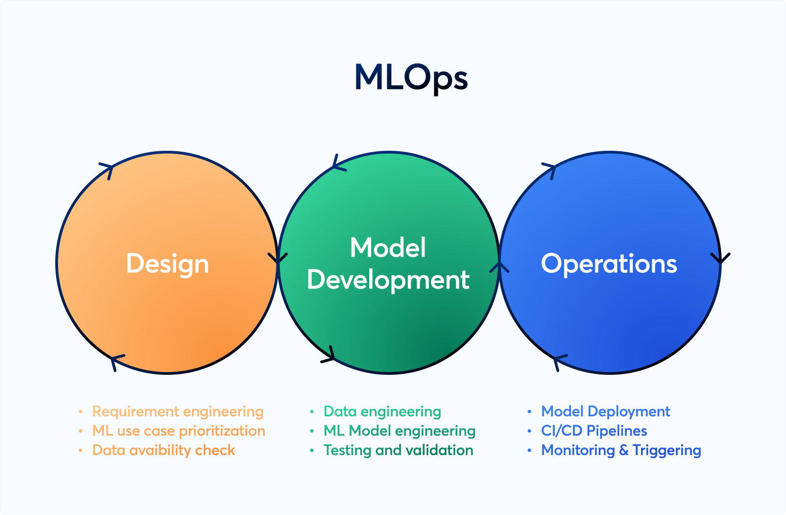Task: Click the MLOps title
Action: click(x=411, y=77)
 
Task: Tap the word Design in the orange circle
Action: click(x=168, y=264)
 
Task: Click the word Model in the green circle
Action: click(x=388, y=248)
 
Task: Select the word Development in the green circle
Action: click(x=388, y=280)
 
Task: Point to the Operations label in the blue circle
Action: click(x=609, y=264)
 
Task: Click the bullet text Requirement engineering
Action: click(x=178, y=411)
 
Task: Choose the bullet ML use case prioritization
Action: click(x=179, y=431)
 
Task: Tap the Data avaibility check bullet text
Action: click(x=163, y=450)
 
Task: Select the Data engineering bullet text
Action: click(x=382, y=411)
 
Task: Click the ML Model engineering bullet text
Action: click(x=399, y=431)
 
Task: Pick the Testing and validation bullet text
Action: click(x=398, y=450)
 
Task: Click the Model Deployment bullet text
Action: click(x=606, y=411)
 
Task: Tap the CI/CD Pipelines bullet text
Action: click(x=594, y=431)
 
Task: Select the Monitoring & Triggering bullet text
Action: click(x=621, y=450)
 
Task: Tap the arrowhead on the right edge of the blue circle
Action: click(x=720, y=258)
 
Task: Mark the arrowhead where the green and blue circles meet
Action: click(x=499, y=267)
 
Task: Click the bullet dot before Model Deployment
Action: click(x=530, y=411)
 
